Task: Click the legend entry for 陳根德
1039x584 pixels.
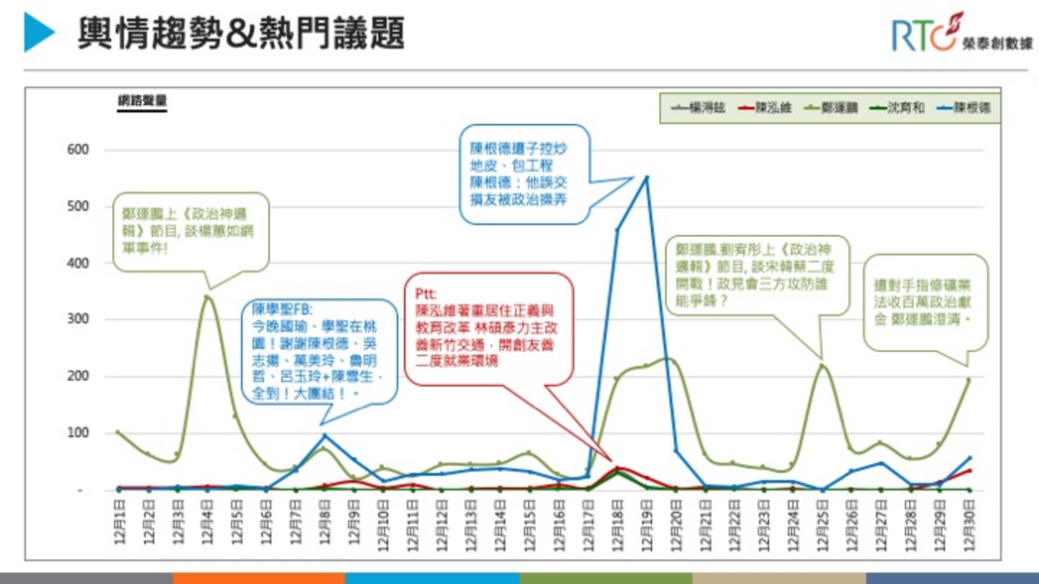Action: point(964,108)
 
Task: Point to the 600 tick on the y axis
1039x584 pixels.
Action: point(78,150)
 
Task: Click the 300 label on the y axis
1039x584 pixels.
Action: point(78,319)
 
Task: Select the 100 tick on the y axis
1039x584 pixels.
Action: point(78,433)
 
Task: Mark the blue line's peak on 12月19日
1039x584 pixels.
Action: point(646,177)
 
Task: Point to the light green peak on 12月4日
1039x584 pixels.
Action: point(207,296)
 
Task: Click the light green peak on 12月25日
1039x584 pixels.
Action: point(822,366)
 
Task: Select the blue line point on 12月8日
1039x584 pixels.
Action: point(324,435)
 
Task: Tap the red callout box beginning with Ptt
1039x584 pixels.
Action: point(488,328)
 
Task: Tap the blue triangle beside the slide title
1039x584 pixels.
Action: point(39,33)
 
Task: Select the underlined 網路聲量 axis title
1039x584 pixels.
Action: point(142,102)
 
